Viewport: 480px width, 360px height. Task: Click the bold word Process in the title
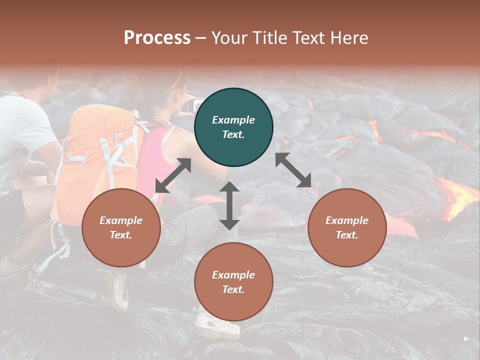click(x=157, y=38)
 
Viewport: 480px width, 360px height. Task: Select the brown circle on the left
click(x=121, y=227)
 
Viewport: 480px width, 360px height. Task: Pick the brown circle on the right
click(x=347, y=227)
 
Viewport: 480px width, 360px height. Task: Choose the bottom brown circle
click(x=233, y=282)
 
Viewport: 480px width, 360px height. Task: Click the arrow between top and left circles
click(x=173, y=175)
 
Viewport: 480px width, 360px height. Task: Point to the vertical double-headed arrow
click(x=229, y=205)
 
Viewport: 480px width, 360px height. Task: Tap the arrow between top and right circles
click(x=293, y=170)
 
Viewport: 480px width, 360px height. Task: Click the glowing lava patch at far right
click(x=457, y=195)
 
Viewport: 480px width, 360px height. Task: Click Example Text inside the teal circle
click(x=233, y=127)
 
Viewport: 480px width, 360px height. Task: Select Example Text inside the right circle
click(x=347, y=227)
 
